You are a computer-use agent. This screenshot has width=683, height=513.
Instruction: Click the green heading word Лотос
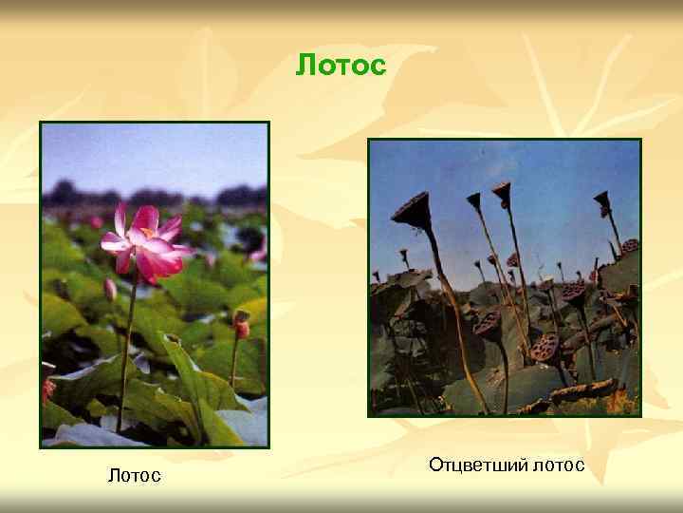click(341, 66)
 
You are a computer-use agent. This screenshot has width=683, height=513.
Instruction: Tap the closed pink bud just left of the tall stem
click(110, 289)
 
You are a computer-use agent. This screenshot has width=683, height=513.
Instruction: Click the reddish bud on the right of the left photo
click(241, 328)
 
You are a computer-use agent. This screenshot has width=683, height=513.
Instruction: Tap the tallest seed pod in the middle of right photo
click(502, 194)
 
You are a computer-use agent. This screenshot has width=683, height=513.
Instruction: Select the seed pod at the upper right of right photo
click(601, 201)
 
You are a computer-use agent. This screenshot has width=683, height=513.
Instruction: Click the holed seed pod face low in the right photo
click(544, 347)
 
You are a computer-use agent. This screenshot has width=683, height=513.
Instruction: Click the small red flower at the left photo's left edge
click(48, 388)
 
